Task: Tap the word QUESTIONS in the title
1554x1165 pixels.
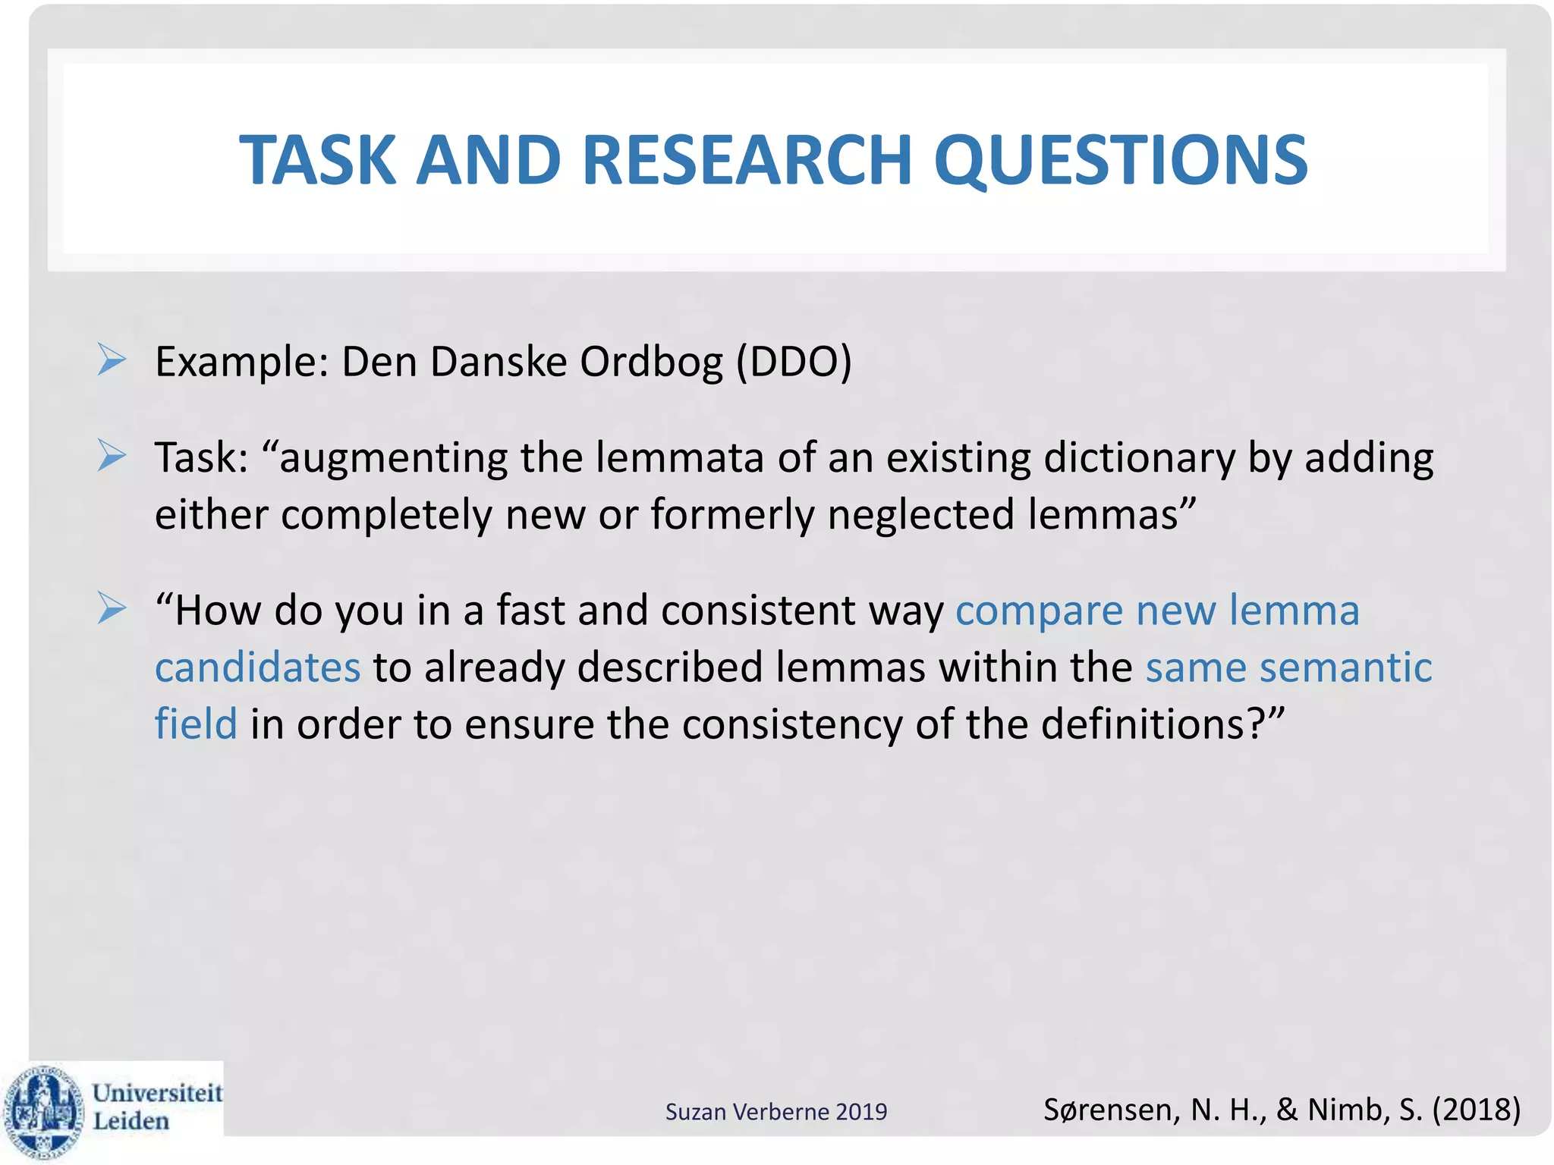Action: click(x=1120, y=161)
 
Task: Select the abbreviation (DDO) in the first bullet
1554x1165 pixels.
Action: click(x=794, y=362)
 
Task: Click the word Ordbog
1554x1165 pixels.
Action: click(x=651, y=362)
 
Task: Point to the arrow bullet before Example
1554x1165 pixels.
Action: click(x=112, y=360)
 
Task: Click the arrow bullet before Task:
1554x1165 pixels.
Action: click(x=112, y=456)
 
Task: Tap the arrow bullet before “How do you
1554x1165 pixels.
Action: click(x=112, y=608)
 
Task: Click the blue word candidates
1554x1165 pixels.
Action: click(x=257, y=667)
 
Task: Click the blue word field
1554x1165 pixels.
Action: click(x=196, y=724)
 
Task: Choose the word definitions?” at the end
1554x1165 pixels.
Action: click(x=1162, y=724)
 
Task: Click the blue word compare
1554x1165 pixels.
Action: click(x=1039, y=611)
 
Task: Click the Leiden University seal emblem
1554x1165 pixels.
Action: click(x=43, y=1110)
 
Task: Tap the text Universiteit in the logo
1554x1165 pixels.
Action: click(x=157, y=1093)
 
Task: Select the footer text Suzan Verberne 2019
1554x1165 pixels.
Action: click(x=775, y=1111)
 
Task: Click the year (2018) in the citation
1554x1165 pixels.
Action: click(x=1476, y=1110)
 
